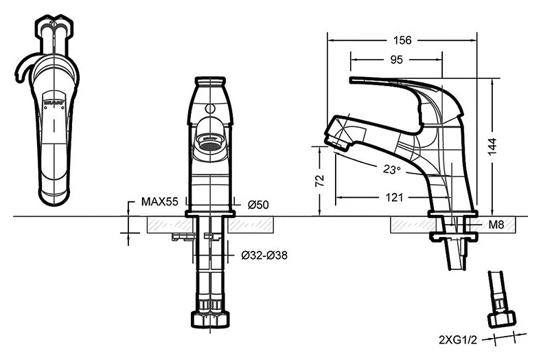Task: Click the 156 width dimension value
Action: pyautogui.click(x=402, y=41)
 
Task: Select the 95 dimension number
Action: pyautogui.click(x=396, y=60)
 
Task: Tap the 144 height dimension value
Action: pyautogui.click(x=492, y=146)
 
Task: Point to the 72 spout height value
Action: pyautogui.click(x=320, y=181)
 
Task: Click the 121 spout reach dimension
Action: pyautogui.click(x=394, y=197)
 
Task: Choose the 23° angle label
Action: pyautogui.click(x=391, y=169)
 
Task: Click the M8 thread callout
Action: pyautogui.click(x=496, y=225)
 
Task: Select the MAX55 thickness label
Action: pyautogui.click(x=160, y=201)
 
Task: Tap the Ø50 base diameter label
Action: pyautogui.click(x=258, y=205)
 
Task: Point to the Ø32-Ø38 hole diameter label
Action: pyautogui.click(x=264, y=256)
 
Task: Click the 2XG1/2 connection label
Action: pyautogui.click(x=458, y=340)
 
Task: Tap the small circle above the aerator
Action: pyautogui.click(x=209, y=109)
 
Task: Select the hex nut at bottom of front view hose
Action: pyautogui.click(x=210, y=319)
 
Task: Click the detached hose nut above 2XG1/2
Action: pyautogui.click(x=502, y=319)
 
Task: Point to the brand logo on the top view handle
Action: pyautogui.click(x=54, y=102)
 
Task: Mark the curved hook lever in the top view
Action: pyautogui.click(x=23, y=68)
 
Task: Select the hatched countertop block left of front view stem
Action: pyautogui.click(x=170, y=225)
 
